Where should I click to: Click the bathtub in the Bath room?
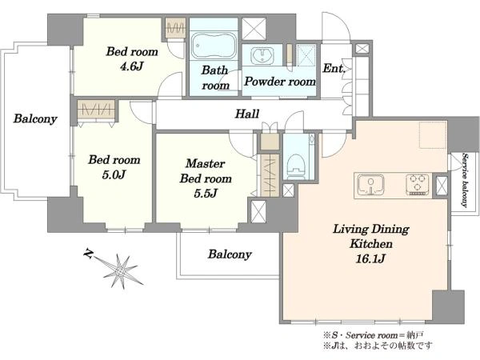click(x=214, y=46)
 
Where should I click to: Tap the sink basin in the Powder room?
click(x=262, y=56)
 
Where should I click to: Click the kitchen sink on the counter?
click(x=370, y=185)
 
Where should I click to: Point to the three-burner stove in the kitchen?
click(x=417, y=185)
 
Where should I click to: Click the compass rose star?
click(x=120, y=271)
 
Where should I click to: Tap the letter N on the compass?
click(x=89, y=254)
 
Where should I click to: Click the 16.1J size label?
click(x=370, y=259)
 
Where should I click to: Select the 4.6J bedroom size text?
click(x=132, y=66)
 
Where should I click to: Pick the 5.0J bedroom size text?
click(x=114, y=174)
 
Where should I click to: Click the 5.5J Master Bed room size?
click(x=206, y=194)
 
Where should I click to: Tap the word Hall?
click(x=247, y=114)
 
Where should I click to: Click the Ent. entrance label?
click(x=334, y=68)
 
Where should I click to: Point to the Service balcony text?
click(x=466, y=181)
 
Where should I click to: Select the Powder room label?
click(x=280, y=82)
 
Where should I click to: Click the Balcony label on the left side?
click(x=35, y=118)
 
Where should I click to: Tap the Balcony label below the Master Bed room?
click(x=230, y=254)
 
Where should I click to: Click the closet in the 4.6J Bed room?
click(x=175, y=28)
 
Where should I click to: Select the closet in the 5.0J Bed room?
click(x=96, y=110)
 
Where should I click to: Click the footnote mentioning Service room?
click(x=374, y=335)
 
